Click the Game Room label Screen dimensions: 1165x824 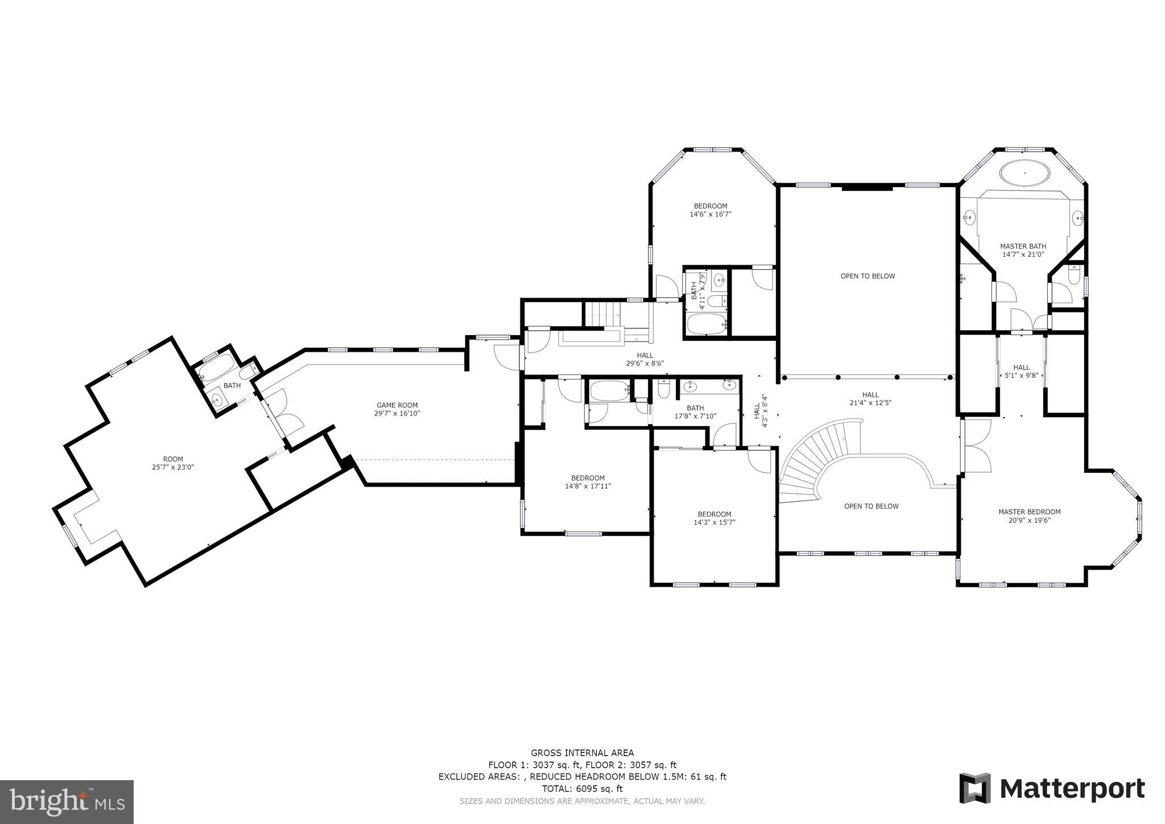point(397,405)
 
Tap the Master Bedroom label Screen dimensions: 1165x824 point(1030,512)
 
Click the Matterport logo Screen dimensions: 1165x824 point(1052,789)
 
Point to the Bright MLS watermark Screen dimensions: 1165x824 point(67,802)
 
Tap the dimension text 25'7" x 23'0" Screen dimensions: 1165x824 point(173,467)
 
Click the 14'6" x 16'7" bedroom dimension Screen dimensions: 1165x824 point(710,215)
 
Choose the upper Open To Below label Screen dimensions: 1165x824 point(868,276)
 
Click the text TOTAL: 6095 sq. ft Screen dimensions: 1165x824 point(582,789)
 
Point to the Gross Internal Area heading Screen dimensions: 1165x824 point(582,753)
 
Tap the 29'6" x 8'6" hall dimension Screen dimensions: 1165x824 point(645,363)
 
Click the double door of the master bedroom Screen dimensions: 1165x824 point(976,447)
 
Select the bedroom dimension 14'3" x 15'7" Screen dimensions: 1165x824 point(714,522)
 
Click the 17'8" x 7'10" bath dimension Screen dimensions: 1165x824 point(695,416)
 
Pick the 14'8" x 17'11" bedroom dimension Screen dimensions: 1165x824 point(588,487)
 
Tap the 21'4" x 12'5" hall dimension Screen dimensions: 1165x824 point(870,403)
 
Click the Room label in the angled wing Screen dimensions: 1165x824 point(173,459)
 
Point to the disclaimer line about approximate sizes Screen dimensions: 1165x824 point(582,801)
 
